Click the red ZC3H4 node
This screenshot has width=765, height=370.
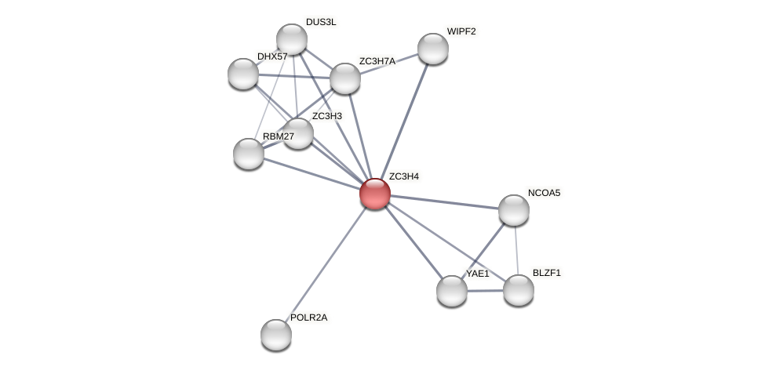pos(375,194)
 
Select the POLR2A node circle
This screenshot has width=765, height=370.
pos(276,335)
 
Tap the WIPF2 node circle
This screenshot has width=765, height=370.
pos(433,49)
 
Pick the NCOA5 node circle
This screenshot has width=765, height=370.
pos(514,210)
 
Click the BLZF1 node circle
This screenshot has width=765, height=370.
pos(519,290)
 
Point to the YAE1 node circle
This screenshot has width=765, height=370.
pos(452,291)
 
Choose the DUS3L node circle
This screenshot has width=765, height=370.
pos(292,39)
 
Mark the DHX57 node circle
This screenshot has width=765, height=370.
pos(243,74)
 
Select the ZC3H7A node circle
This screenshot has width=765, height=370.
pos(345,78)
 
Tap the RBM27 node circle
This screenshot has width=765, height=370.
pos(249,154)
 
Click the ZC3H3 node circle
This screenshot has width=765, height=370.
pos(298,133)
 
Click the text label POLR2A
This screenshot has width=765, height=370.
pos(308,317)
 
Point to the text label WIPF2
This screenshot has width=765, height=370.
pos(461,31)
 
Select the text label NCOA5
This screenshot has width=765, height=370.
pos(544,193)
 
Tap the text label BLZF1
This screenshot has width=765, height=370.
pos(546,273)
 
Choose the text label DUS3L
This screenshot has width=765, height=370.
pos(320,22)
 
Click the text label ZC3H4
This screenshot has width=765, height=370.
pos(403,176)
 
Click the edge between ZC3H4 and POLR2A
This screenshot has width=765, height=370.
pos(326,264)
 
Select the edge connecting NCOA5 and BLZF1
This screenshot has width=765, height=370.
pos(516,250)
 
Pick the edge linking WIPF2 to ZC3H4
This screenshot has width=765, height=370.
pos(404,121)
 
